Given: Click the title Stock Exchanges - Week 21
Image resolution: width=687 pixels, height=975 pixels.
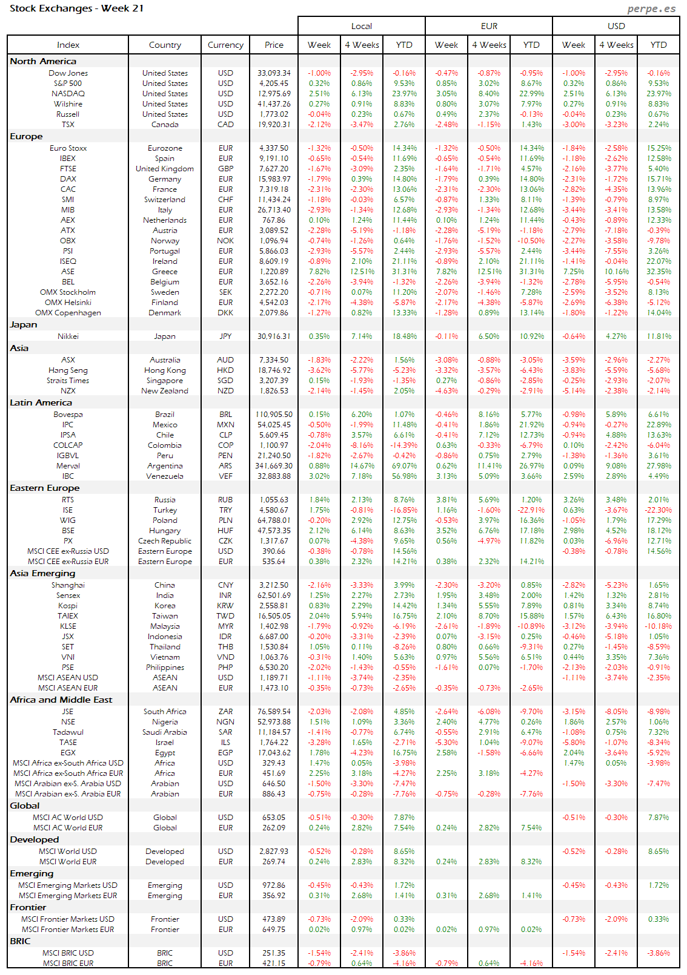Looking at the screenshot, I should (x=76, y=8).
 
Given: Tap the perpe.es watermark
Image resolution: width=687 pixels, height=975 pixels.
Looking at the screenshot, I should (x=651, y=8).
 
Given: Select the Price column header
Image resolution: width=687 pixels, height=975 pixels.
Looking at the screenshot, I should (x=274, y=45).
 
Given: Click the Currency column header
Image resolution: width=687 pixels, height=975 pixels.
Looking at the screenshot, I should (x=225, y=45).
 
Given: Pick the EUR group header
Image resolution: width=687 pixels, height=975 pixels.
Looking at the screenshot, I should (x=489, y=26).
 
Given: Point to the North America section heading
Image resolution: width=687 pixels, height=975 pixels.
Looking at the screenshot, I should (x=43, y=61).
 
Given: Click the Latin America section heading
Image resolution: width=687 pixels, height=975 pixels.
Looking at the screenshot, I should (x=41, y=402).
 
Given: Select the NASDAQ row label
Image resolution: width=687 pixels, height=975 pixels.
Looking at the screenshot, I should (x=68, y=94).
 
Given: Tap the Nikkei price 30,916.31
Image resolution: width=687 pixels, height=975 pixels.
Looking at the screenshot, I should (x=274, y=336).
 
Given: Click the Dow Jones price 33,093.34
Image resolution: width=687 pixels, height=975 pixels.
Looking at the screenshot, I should (x=274, y=73).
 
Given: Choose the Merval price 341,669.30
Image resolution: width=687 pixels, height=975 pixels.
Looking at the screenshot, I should (x=274, y=466).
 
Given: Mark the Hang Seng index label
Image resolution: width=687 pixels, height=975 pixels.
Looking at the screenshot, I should (x=68, y=370).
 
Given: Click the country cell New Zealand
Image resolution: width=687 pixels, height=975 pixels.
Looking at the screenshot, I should (x=165, y=391).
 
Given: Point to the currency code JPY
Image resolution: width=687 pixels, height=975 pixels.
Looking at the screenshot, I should (x=225, y=336).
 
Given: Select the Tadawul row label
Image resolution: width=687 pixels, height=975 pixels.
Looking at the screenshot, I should (x=68, y=732).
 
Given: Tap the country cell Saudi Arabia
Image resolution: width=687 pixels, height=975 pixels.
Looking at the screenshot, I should (x=165, y=732).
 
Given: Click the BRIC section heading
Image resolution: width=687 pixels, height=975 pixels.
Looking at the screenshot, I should (x=20, y=941).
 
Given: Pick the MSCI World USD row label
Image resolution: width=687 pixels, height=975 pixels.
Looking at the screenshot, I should (x=68, y=852).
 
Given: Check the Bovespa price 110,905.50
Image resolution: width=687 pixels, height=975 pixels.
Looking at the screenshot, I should (x=274, y=415).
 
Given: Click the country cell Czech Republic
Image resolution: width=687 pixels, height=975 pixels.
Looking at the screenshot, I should (x=165, y=541).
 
